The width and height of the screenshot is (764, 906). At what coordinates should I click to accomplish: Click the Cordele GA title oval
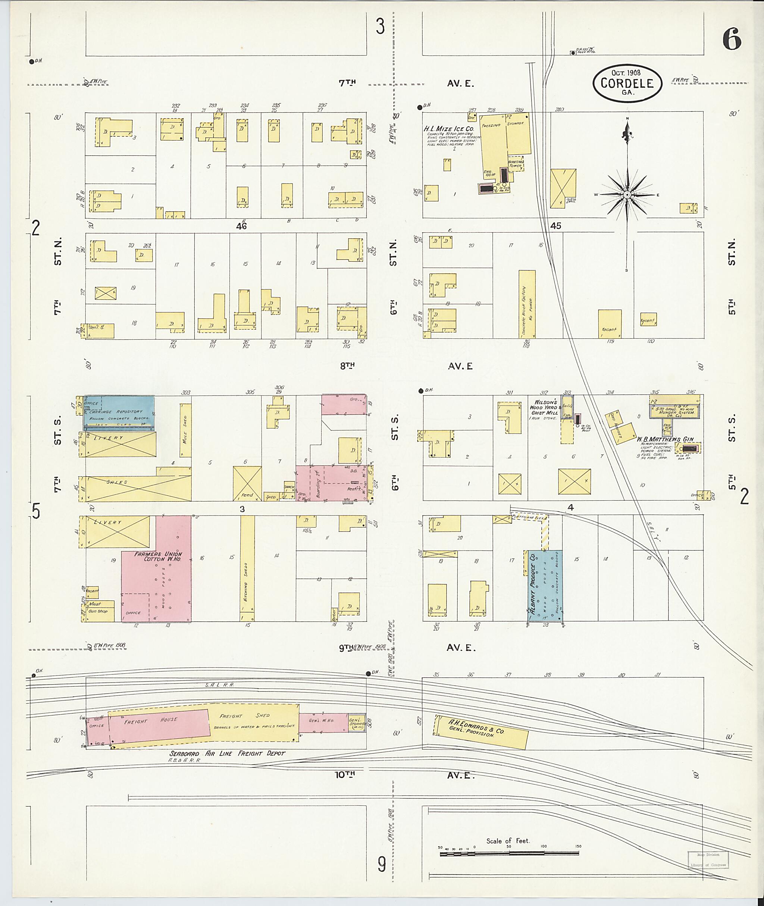pyautogui.click(x=627, y=83)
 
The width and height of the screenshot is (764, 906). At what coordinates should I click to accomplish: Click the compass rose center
pyautogui.click(x=627, y=195)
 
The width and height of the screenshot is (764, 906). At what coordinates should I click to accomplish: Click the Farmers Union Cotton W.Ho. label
pyautogui.click(x=158, y=557)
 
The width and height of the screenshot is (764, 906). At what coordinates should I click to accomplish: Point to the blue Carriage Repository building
pyautogui.click(x=119, y=413)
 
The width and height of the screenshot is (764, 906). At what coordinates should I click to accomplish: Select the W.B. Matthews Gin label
pyautogui.click(x=668, y=439)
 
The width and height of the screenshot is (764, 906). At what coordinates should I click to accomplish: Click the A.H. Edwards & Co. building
pyautogui.click(x=481, y=731)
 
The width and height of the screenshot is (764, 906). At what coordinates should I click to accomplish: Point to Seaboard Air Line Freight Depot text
pyautogui.click(x=228, y=753)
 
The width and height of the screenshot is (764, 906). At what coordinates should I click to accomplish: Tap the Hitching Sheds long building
pyautogui.click(x=247, y=568)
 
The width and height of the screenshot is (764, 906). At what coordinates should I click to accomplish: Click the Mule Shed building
pyautogui.click(x=185, y=430)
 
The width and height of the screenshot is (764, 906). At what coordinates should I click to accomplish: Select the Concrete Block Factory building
pyautogui.click(x=527, y=304)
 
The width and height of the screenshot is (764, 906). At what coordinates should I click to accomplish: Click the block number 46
pyautogui.click(x=241, y=226)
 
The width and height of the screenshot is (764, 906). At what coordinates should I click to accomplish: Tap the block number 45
pyautogui.click(x=556, y=226)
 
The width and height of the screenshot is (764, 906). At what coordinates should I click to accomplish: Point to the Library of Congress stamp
pyautogui.click(x=708, y=859)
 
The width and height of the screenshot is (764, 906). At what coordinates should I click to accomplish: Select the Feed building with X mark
pyautogui.click(x=247, y=483)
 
